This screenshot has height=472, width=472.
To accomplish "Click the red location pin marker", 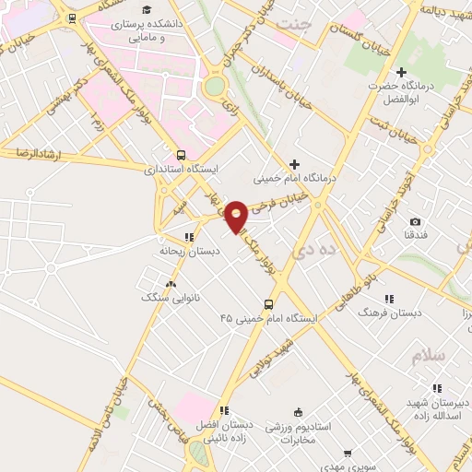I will pyautogui.click(x=236, y=216).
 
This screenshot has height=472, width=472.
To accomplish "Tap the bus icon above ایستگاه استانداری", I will pyautogui.click(x=179, y=155).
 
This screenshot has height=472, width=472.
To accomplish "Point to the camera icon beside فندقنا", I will pyautogui.click(x=416, y=222).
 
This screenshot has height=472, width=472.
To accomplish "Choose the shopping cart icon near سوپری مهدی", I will pyautogui.click(x=347, y=453).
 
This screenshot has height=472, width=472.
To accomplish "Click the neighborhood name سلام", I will pyautogui.click(x=430, y=357).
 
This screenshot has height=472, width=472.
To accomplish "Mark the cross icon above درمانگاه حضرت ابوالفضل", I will pyautogui.click(x=400, y=72).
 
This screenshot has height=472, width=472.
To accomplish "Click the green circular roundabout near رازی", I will pyautogui.click(x=215, y=87).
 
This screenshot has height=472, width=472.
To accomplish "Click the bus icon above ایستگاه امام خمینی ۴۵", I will pyautogui.click(x=268, y=304).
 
